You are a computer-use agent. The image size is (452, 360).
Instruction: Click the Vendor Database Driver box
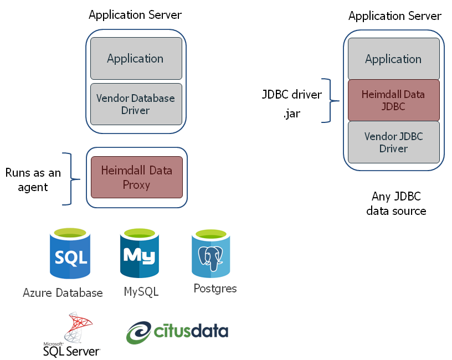(x=136, y=104)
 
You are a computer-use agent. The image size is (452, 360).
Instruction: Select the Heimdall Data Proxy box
(x=136, y=177)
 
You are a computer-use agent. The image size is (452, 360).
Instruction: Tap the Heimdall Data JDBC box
(x=393, y=100)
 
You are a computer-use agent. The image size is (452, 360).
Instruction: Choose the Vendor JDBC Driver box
(x=393, y=142)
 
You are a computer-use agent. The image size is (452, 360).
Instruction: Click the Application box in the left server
(x=136, y=59)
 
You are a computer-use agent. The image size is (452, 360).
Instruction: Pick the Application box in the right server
(x=393, y=59)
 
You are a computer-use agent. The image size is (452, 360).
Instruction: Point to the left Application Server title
(x=135, y=15)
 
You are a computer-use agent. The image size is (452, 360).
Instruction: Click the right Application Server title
(x=394, y=16)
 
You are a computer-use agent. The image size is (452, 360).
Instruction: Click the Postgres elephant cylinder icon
(x=210, y=254)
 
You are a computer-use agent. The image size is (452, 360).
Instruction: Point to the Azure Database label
(x=63, y=293)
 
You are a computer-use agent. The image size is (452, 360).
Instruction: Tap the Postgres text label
(x=215, y=289)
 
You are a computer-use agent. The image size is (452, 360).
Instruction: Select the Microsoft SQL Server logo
(x=71, y=335)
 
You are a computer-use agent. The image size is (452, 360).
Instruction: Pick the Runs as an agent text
(x=33, y=180)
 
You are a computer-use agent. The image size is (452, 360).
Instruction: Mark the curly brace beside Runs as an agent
(x=68, y=179)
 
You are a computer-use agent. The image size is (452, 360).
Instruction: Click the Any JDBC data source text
(x=396, y=203)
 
